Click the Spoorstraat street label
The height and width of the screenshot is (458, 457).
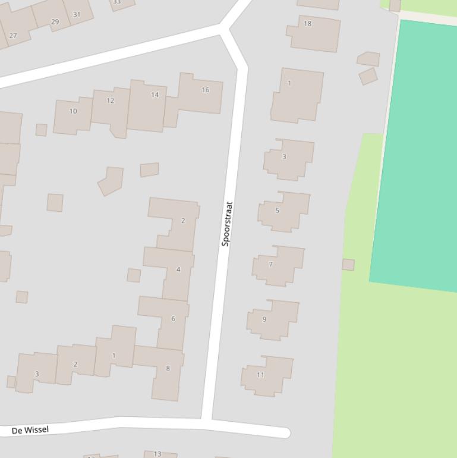tap(226, 224)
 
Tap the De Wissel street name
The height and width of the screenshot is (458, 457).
tap(30, 429)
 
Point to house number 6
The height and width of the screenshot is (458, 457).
tap(173, 319)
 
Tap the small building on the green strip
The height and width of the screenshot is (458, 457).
tap(348, 265)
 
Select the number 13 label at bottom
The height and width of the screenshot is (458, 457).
tap(157, 454)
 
